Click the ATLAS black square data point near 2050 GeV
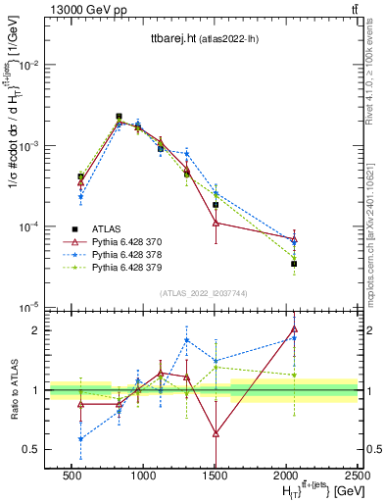[294, 264]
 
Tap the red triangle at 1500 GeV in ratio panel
[216, 432]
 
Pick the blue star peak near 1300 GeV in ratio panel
[186, 340]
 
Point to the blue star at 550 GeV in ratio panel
[80, 438]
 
